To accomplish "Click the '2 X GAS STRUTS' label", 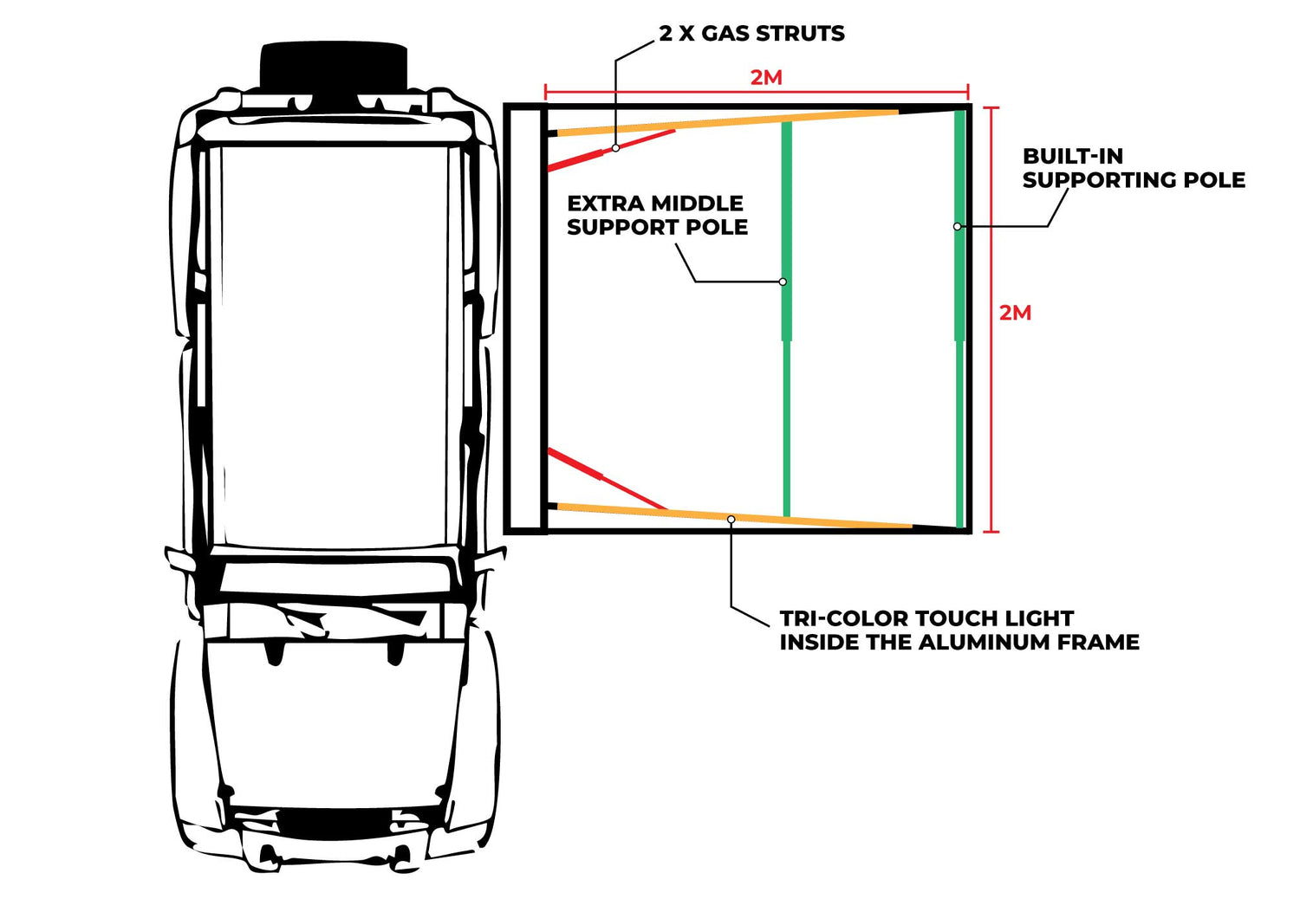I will click(751, 34).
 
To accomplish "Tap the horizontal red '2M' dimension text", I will click(766, 78).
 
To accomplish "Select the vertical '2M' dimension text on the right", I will click(1015, 313).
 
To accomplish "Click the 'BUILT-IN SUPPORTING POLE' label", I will click(1133, 168).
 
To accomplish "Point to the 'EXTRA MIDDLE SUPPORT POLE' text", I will click(657, 215).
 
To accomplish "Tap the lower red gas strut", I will click(607, 478).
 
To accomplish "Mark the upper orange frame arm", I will click(728, 122).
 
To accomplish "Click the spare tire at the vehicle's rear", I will click(334, 65).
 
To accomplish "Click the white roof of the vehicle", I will click(334, 346).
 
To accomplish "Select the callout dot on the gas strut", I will click(615, 148).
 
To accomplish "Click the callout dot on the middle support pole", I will click(783, 281).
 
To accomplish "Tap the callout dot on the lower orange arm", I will click(731, 519).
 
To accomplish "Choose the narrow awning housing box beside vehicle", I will click(524, 318).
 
